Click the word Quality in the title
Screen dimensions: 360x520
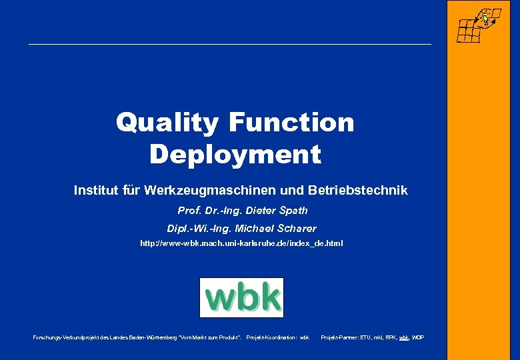pos(167,123)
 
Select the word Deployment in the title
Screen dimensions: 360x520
pos(235,155)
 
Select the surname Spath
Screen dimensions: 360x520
pos(294,211)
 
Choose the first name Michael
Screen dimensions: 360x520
pos(257,229)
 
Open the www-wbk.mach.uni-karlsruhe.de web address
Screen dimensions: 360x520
pos(241,244)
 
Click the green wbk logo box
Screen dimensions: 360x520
pos(241,297)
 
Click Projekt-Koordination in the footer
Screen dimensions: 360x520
pos(271,338)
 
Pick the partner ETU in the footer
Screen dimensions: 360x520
pos(366,338)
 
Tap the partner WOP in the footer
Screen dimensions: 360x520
pos(418,338)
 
